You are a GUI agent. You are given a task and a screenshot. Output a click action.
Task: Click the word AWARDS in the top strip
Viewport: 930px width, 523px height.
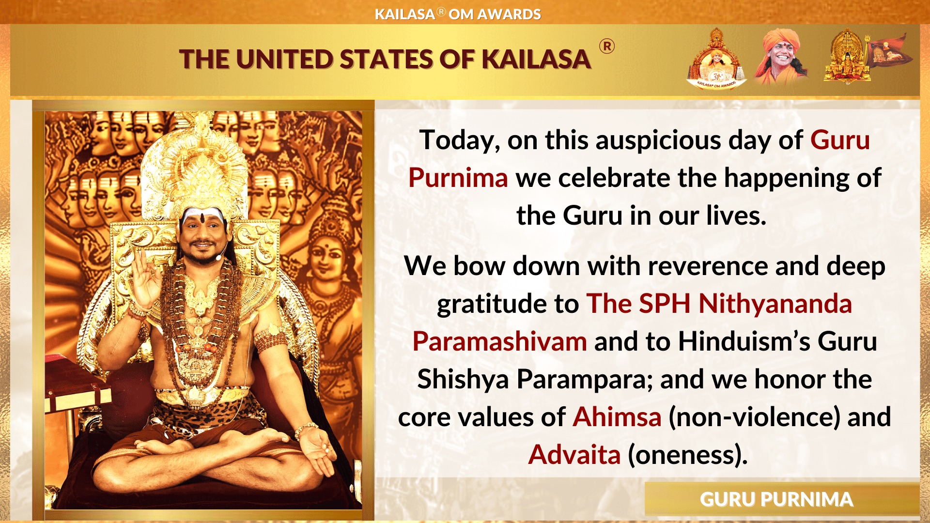tap(509, 15)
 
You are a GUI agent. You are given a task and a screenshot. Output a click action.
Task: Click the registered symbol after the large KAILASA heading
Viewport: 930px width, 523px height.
tap(607, 46)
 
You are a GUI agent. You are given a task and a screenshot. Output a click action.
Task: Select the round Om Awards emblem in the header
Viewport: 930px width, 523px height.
tap(716, 59)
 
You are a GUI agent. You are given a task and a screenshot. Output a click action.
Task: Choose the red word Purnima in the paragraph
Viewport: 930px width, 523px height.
tap(458, 178)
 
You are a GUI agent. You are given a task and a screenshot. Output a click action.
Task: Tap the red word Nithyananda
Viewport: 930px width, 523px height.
tap(775, 304)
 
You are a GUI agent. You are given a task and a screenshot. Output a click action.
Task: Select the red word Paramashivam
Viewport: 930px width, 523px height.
tap(499, 341)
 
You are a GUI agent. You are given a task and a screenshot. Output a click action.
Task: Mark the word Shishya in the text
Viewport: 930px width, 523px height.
tap(463, 379)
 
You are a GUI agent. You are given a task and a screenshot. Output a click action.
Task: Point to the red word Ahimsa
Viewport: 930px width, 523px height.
tap(617, 417)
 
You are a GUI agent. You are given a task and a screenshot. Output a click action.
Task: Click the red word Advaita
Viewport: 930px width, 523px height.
tap(574, 455)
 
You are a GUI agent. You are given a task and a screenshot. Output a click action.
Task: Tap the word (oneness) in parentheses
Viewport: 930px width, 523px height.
tap(687, 455)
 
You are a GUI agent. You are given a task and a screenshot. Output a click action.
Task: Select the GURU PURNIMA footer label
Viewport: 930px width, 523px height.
tap(776, 500)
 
